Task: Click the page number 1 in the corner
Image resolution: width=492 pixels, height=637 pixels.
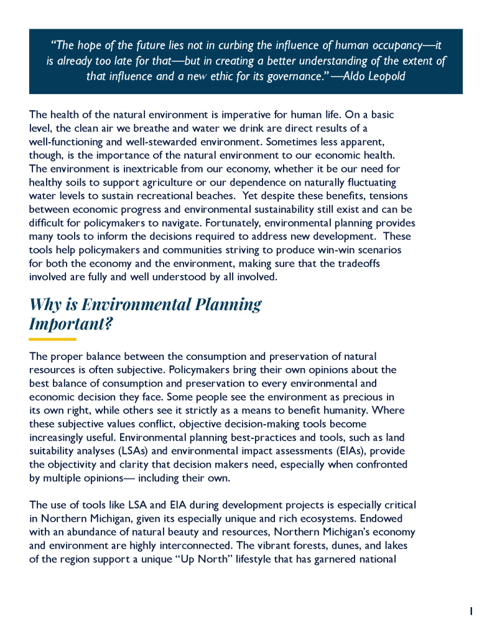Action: click(471, 611)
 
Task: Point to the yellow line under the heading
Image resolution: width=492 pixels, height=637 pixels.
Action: click(52, 339)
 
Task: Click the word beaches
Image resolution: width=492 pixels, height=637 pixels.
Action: click(212, 196)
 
